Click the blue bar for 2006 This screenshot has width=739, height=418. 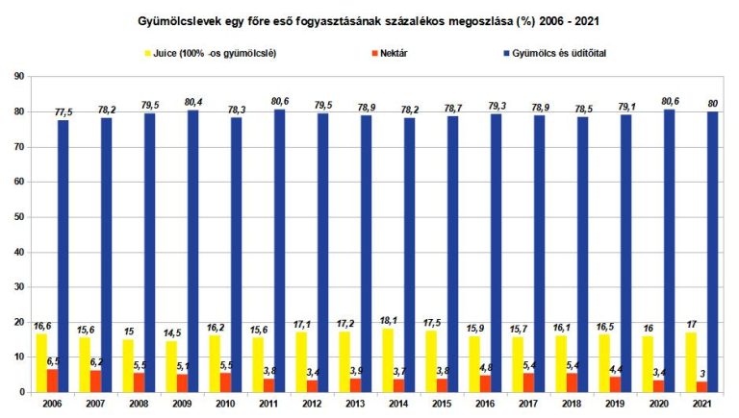[63, 256]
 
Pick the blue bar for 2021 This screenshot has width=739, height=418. [712, 252]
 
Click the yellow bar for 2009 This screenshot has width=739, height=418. [171, 366]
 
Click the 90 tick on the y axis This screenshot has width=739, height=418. [19, 76]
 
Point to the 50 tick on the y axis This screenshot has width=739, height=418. [19, 216]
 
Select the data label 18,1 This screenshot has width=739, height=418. [389, 321]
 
